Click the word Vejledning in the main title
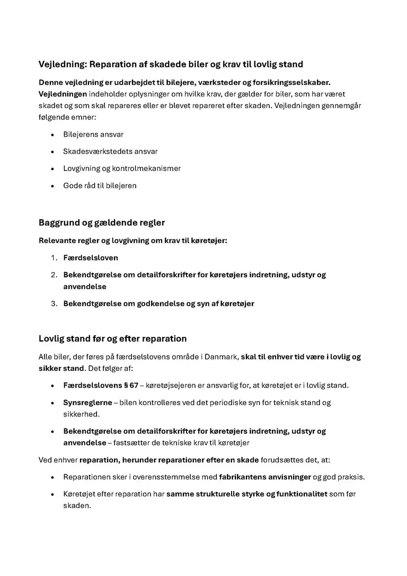click(62, 65)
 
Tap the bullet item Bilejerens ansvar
click(93, 135)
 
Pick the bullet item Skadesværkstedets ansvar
click(110, 152)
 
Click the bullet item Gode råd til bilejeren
click(100, 186)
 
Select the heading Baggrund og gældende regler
click(102, 223)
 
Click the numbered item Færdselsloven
click(91, 258)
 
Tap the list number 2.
click(54, 275)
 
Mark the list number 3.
click(54, 304)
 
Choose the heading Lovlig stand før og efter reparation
click(112, 339)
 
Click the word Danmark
click(222, 357)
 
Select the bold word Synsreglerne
click(87, 403)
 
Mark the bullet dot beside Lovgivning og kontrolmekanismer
click(52, 169)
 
